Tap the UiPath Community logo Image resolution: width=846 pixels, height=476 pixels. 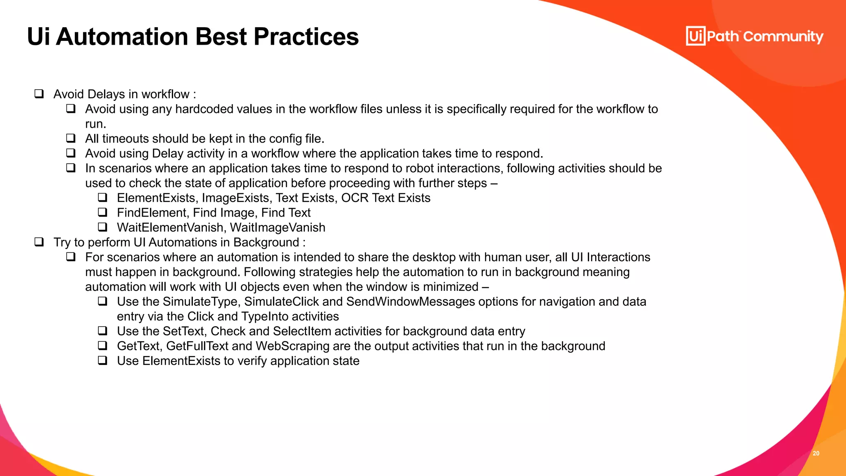(754, 36)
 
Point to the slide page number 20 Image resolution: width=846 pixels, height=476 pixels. (816, 453)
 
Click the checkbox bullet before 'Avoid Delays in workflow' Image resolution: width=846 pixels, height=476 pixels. (39, 94)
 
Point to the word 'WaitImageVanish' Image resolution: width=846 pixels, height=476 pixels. (278, 228)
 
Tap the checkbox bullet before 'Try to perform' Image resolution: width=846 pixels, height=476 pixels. (39, 242)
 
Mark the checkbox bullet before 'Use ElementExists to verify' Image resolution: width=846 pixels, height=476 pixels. (102, 361)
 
